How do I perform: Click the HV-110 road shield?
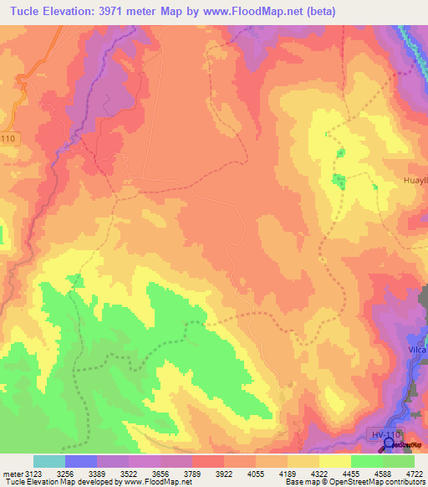(387, 433)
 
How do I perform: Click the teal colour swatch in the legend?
(49, 461)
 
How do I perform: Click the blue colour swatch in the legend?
(81, 461)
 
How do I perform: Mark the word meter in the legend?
(13, 473)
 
